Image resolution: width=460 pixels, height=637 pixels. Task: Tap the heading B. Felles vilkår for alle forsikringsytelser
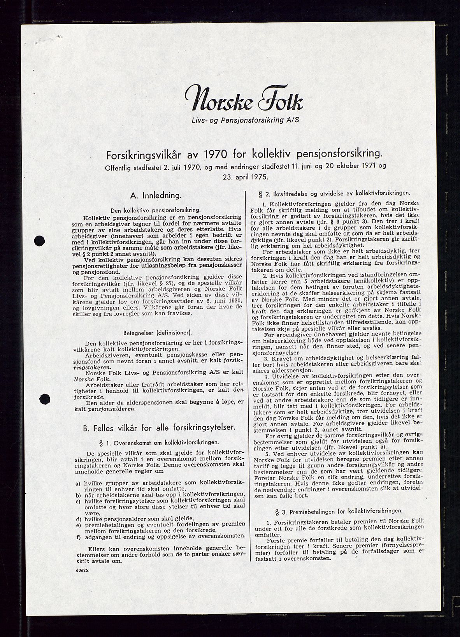159,428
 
